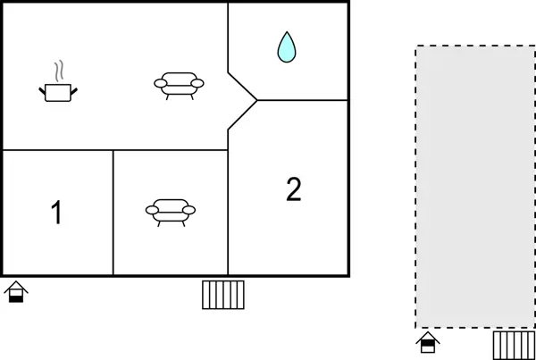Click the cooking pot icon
(x=58, y=90)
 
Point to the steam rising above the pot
(x=59, y=71)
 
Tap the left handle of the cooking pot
(x=42, y=88)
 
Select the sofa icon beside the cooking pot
(x=179, y=84)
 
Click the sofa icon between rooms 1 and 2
(x=171, y=211)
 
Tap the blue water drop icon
(x=286, y=47)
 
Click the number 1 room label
(x=56, y=213)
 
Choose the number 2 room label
(x=294, y=188)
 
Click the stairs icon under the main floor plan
(x=223, y=294)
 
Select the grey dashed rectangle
(x=474, y=186)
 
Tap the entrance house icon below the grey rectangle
(x=428, y=342)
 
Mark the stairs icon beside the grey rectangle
(x=514, y=344)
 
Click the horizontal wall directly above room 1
(x=57, y=150)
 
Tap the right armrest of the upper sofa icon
(x=197, y=83)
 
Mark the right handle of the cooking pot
(x=74, y=88)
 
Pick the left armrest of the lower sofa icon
(x=152, y=211)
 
